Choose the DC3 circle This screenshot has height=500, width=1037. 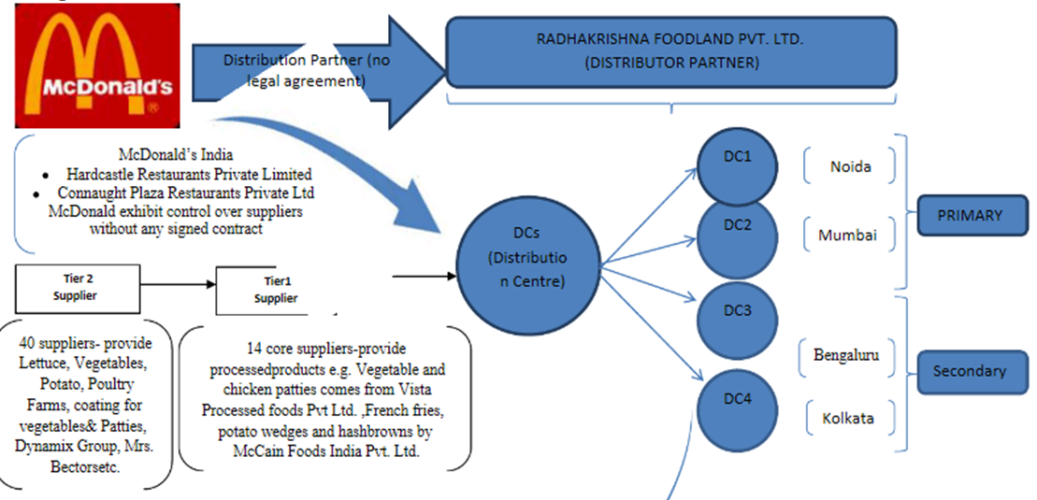coord(737,311)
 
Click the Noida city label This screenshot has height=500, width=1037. coord(850,166)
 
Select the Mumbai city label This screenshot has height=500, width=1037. coord(848,235)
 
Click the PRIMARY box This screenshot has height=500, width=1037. coord(969,215)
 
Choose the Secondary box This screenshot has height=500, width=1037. coord(969,371)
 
